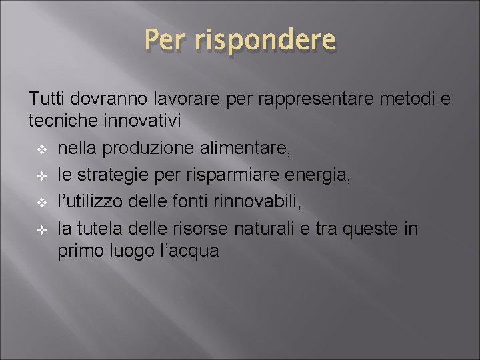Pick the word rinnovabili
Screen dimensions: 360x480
[x=266, y=202]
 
